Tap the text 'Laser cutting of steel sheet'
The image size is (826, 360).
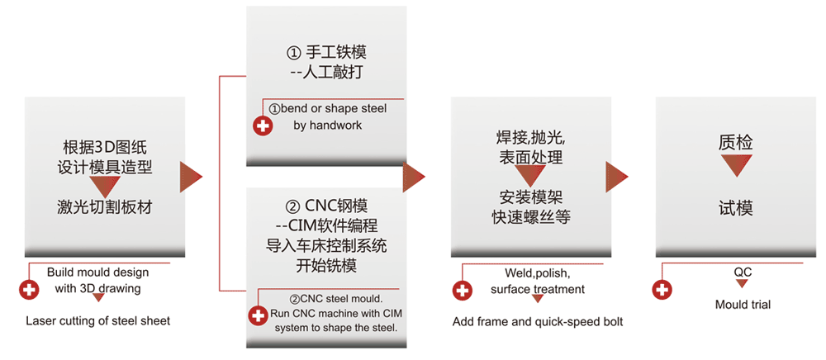[97, 320]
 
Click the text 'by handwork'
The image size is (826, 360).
[327, 126]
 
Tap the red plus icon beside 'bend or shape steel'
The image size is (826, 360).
[262, 126]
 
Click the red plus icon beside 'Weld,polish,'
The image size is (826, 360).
[463, 290]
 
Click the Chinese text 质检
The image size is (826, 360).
[735, 143]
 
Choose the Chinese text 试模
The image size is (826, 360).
[735, 208]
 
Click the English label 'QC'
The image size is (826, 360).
[743, 272]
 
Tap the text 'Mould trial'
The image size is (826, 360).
[743, 305]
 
